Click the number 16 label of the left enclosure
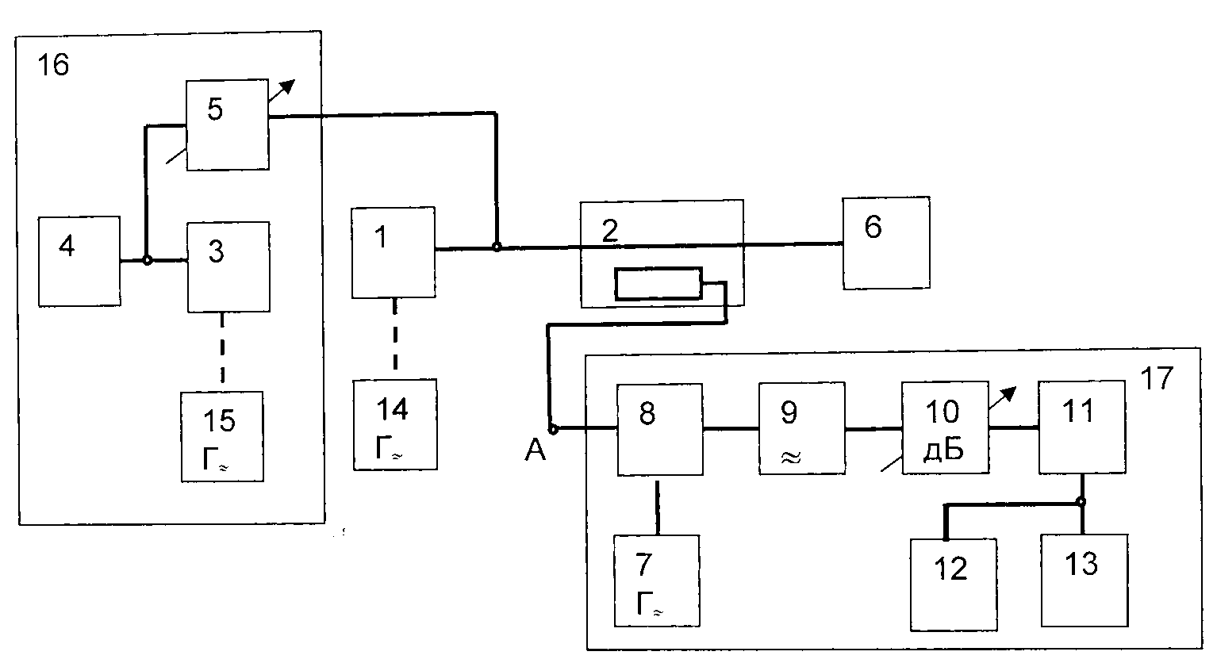tap(53, 65)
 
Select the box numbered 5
tap(228, 125)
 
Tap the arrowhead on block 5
tap(287, 87)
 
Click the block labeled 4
tap(79, 261)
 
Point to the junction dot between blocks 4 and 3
tap(148, 261)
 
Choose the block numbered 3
tap(228, 266)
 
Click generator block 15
tap(222, 436)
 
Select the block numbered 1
tap(394, 252)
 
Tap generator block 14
tap(395, 424)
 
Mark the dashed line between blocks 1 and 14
tap(395, 335)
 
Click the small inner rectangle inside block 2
tap(658, 283)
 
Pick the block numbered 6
tap(886, 243)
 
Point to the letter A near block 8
tap(535, 450)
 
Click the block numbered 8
tap(660, 430)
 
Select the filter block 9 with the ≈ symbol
tap(802, 428)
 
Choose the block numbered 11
tap(1081, 427)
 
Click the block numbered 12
tap(954, 584)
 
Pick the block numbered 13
tap(1085, 581)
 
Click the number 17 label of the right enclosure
tap(1157, 378)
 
